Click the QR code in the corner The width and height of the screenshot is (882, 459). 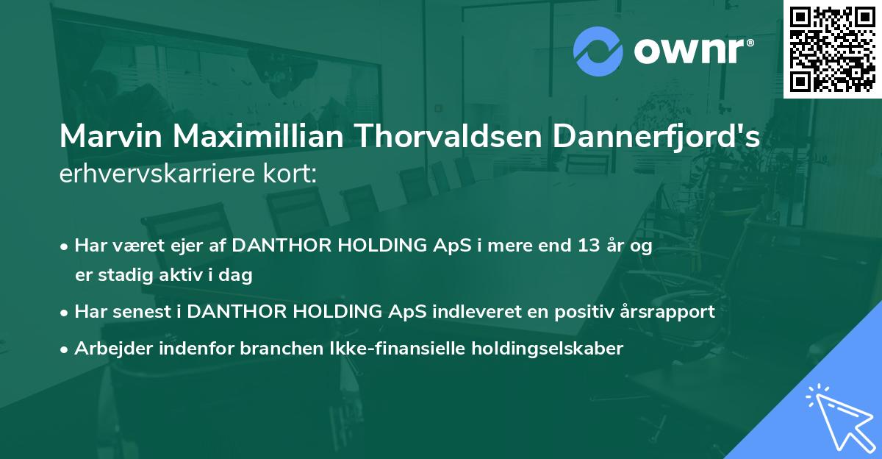(832, 49)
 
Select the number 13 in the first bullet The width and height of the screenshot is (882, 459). (589, 246)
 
